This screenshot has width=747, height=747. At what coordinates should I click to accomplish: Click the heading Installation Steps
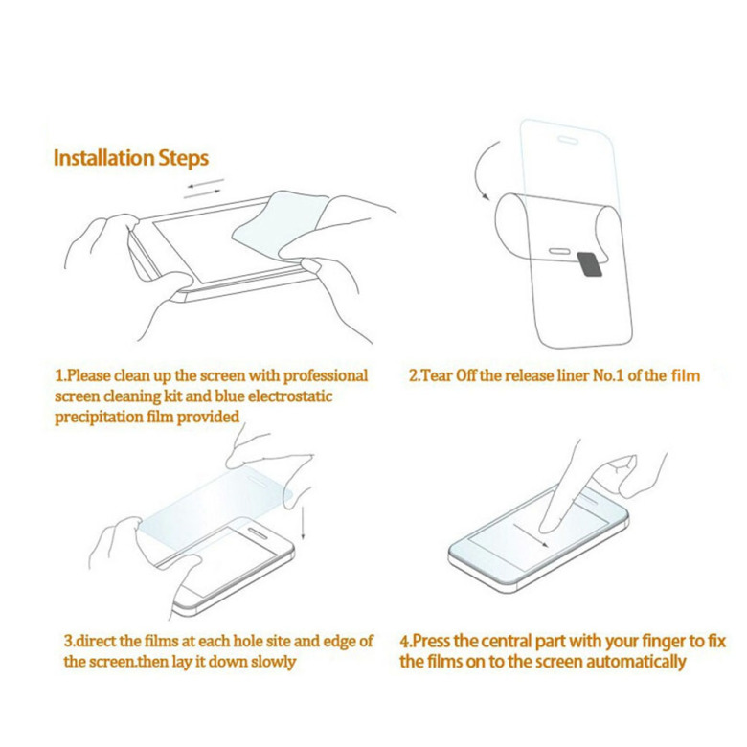tap(131, 158)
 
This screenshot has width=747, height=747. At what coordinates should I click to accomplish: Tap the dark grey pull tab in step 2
tap(590, 264)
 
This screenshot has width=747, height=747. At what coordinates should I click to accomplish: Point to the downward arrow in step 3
tap(303, 523)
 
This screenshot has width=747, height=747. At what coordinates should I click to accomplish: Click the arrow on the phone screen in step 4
tap(532, 536)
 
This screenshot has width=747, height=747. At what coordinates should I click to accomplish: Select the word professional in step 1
tap(326, 376)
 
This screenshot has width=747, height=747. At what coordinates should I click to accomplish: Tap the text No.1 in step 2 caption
tap(608, 375)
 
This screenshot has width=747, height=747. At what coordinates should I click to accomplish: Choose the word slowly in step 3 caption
tap(274, 662)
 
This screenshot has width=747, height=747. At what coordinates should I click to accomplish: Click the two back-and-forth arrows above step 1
tap(204, 189)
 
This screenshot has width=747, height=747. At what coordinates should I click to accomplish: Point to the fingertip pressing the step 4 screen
tap(548, 527)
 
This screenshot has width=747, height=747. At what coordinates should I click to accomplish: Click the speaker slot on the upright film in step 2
tap(568, 140)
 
